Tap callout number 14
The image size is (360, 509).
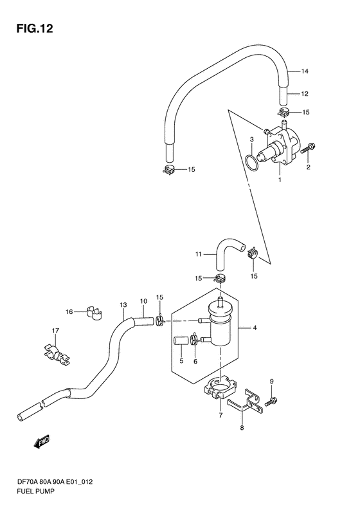coord(305,71)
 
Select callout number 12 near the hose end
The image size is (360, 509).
coord(305,94)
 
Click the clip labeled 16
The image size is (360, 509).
coord(94,313)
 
